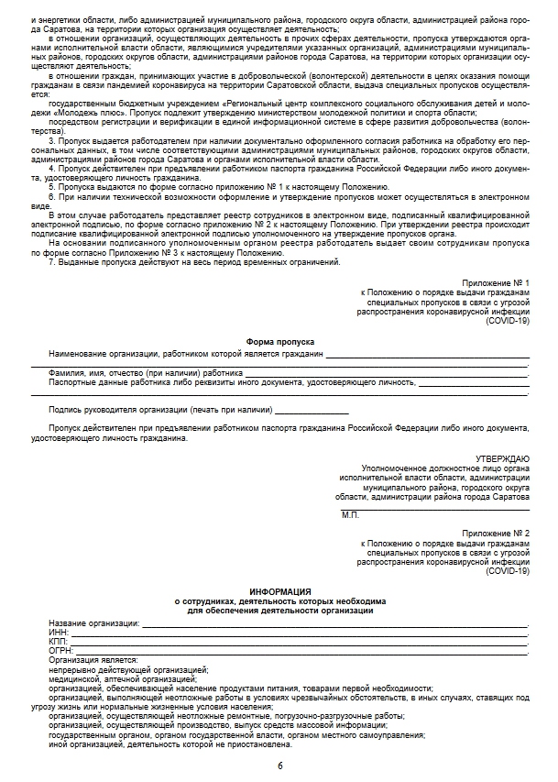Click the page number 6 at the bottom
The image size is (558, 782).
pos(279,764)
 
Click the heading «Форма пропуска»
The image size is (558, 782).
pos(279,341)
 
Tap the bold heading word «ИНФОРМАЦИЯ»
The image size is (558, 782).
pos(279,592)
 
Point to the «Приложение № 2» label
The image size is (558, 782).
pos(496,533)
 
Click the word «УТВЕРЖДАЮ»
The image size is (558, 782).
pos(503,458)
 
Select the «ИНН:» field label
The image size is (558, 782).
pos(60,633)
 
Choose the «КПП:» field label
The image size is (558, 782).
pos(60,642)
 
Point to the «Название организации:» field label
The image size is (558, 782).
pos(93,623)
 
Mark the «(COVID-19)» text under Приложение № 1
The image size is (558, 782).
pos(508,321)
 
